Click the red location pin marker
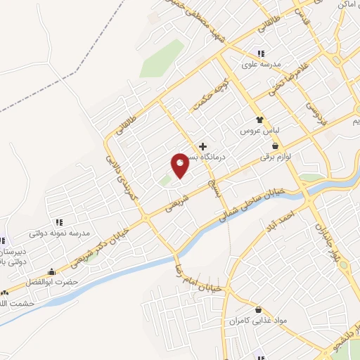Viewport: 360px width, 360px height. (180, 164)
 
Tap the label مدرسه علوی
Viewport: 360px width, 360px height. (261, 65)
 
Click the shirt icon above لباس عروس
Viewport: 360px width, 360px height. (259, 120)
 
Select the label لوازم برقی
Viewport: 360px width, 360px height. (274, 157)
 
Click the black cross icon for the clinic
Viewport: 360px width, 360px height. (203, 146)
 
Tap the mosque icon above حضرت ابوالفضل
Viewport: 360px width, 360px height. (51, 271)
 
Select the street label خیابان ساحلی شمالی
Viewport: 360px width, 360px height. (253, 203)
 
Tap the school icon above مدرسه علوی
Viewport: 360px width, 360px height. (260, 54)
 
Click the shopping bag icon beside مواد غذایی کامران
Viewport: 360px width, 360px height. (259, 309)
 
